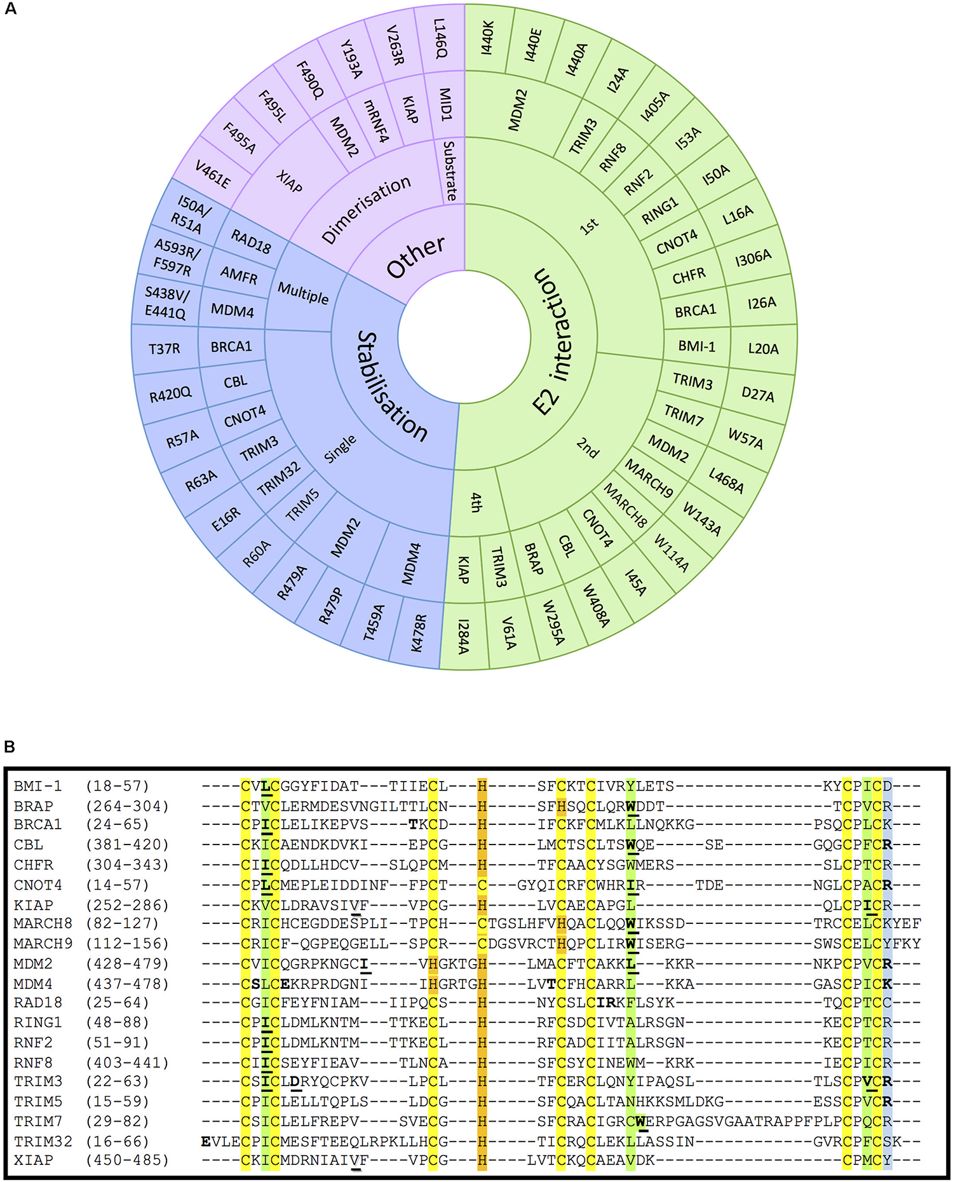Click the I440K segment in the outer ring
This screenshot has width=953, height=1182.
point(488,37)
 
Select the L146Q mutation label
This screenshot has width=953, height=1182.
point(440,38)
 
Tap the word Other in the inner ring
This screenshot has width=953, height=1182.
point(416,257)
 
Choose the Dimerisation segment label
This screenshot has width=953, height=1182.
point(366,209)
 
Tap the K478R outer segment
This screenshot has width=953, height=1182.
point(417,633)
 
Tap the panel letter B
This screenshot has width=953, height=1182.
point(10,747)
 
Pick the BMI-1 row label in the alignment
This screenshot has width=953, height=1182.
point(38,786)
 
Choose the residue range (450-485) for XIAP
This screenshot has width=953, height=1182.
point(127,1160)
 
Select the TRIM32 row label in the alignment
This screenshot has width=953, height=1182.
point(43,1141)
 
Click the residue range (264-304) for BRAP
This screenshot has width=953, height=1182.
point(127,806)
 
